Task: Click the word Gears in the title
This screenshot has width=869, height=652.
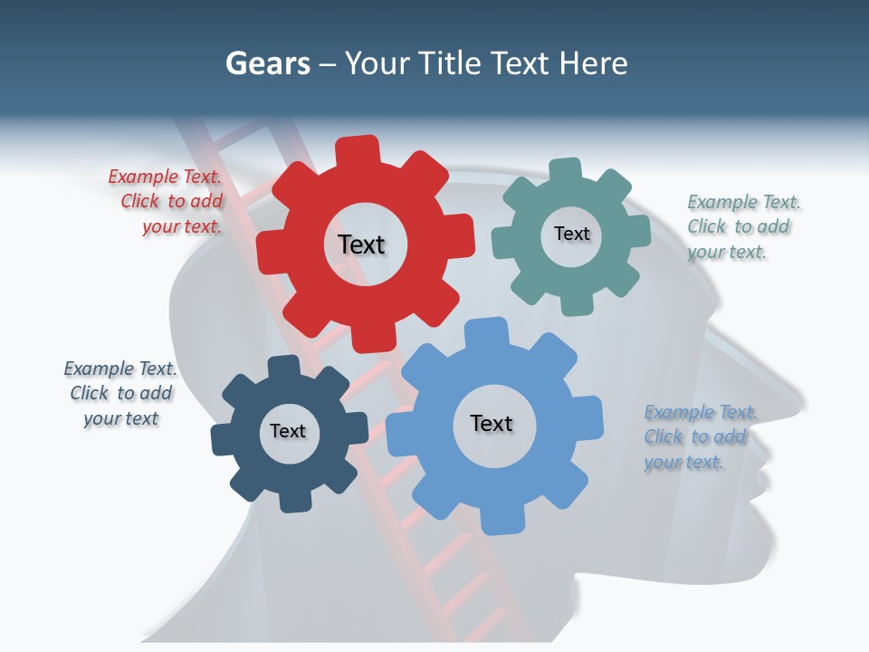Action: tap(267, 64)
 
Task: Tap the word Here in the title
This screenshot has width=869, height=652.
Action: tap(593, 64)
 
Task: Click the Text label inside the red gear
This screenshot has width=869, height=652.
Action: tap(361, 244)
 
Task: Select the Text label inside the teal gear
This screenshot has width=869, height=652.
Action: tap(571, 234)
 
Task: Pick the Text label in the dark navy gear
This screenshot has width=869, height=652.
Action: tap(288, 431)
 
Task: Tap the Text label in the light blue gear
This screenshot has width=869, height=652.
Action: tap(492, 423)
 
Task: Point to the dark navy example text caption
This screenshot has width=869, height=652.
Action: tap(120, 393)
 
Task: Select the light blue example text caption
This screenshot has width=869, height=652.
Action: tap(698, 437)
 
